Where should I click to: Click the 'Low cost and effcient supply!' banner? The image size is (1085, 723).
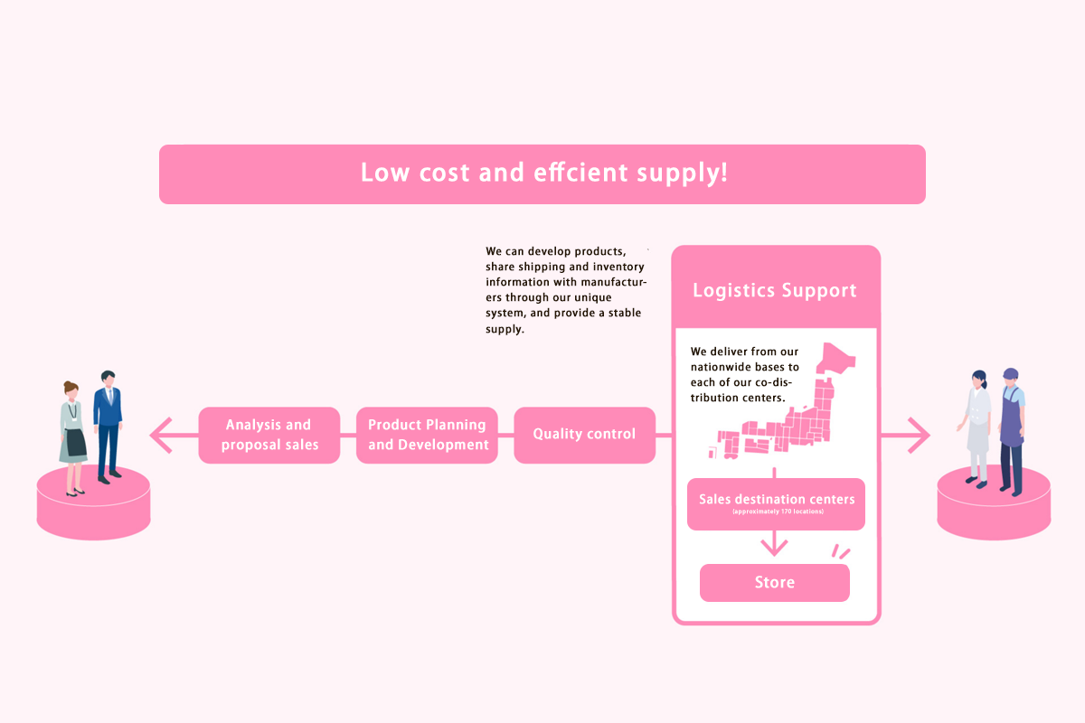pyautogui.click(x=542, y=174)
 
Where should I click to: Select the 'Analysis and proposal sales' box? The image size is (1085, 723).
pyautogui.click(x=269, y=435)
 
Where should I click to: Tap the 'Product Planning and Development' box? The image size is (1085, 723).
pyautogui.click(x=427, y=435)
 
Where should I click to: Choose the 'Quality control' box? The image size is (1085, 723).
pyautogui.click(x=585, y=435)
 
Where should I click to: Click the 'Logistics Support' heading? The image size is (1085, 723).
pyautogui.click(x=775, y=290)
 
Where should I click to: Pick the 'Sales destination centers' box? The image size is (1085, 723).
pyautogui.click(x=776, y=504)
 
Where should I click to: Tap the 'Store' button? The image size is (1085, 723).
pyautogui.click(x=775, y=583)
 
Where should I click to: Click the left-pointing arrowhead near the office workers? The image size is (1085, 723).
pyautogui.click(x=161, y=435)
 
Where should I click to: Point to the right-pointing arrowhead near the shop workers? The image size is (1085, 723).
pyautogui.click(x=919, y=435)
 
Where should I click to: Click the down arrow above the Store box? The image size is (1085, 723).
pyautogui.click(x=774, y=543)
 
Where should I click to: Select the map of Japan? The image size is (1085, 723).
pyautogui.click(x=782, y=401)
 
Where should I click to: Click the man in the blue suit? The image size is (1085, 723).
pyautogui.click(x=108, y=427)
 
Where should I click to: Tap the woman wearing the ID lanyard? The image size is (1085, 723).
pyautogui.click(x=72, y=438)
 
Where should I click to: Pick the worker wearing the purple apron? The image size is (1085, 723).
pyautogui.click(x=1013, y=432)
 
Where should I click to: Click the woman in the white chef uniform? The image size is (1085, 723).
pyautogui.click(x=976, y=428)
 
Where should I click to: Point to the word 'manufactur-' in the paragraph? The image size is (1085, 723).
pyautogui.click(x=614, y=282)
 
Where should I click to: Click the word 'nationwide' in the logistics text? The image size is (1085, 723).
pyautogui.click(x=721, y=367)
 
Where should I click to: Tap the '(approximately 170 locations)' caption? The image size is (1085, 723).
pyautogui.click(x=778, y=512)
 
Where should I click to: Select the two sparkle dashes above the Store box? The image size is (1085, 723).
pyautogui.click(x=840, y=551)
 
